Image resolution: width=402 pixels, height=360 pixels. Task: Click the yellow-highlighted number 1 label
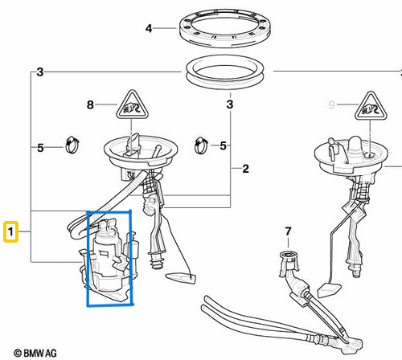click(x=10, y=231)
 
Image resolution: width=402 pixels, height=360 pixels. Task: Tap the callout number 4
click(x=149, y=28)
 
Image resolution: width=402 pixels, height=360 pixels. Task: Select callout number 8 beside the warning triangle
click(x=90, y=104)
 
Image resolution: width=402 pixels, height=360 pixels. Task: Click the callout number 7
click(x=288, y=231)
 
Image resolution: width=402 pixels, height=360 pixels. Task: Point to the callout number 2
click(x=245, y=169)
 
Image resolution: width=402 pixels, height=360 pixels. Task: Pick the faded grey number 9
click(x=332, y=104)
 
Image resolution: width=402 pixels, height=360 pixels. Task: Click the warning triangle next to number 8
click(x=132, y=105)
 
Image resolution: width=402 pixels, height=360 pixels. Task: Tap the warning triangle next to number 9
click(x=371, y=106)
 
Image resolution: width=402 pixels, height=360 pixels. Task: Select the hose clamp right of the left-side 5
click(x=72, y=145)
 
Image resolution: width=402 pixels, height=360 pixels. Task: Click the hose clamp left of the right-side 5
click(x=201, y=145)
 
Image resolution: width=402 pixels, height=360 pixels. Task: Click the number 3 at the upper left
click(x=40, y=72)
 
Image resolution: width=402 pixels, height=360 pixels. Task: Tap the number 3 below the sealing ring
click(x=230, y=104)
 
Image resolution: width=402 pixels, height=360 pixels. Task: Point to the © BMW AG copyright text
click(x=35, y=353)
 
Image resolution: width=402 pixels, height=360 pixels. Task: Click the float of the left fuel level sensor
click(x=181, y=278)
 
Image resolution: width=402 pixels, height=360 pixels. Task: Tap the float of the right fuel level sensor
click(x=329, y=289)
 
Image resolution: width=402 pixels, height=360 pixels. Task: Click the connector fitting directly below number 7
click(x=289, y=264)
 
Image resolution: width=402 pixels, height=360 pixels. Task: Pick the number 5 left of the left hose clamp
click(x=40, y=148)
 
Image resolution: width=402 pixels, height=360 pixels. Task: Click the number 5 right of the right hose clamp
click(x=223, y=146)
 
